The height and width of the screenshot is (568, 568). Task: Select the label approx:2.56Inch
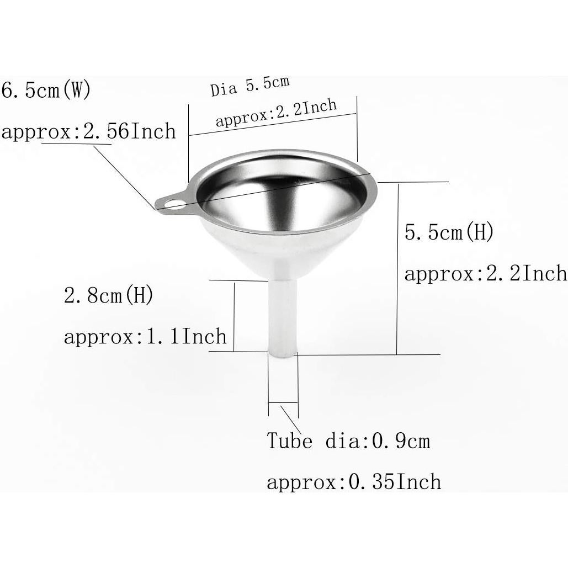point(88,131)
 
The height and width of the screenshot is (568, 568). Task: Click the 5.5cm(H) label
point(449,232)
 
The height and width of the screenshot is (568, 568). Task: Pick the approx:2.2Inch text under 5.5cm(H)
point(486,273)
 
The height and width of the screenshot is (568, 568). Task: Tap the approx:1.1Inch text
point(145,336)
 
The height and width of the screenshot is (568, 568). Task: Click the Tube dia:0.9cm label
point(348,441)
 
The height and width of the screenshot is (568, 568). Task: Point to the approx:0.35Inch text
point(354,482)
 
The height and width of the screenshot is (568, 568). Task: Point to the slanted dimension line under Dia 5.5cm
point(273,125)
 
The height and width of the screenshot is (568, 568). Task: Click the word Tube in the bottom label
point(289,441)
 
